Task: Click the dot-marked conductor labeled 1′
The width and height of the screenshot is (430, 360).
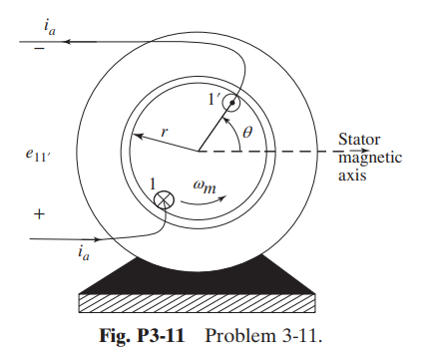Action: [232, 102]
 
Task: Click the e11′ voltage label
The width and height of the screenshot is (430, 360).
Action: [44, 155]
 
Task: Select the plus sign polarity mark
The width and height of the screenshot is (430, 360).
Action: [39, 213]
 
